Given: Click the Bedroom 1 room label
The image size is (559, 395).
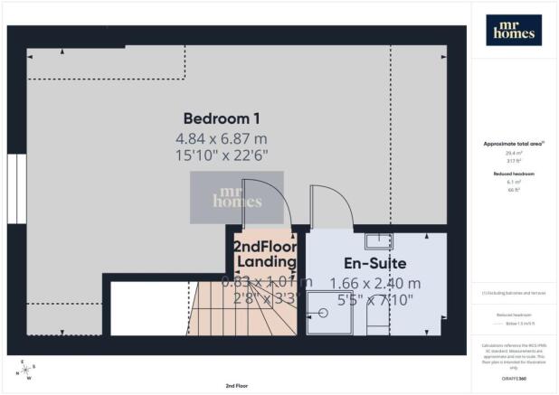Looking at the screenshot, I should click(222, 118).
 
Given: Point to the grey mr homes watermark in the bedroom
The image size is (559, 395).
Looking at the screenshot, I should click(236, 197).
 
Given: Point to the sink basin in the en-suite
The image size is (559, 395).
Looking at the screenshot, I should click(375, 240).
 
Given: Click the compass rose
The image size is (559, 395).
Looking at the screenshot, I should click(26, 370).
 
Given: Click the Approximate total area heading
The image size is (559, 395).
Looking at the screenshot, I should click(512, 144).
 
